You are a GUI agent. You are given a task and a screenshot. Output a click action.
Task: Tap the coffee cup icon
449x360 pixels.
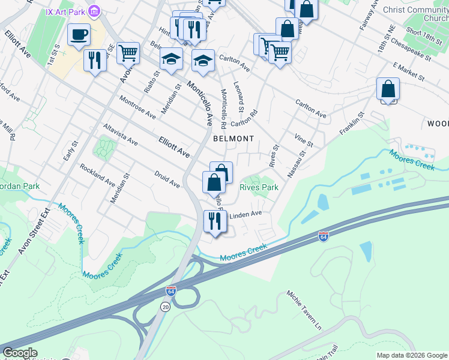[79, 35]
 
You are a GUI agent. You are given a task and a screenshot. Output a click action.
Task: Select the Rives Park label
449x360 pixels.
[259, 187]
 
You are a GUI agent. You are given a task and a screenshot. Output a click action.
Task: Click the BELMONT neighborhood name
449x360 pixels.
[234, 139]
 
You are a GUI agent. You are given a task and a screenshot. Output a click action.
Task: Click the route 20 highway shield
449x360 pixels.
[164, 307]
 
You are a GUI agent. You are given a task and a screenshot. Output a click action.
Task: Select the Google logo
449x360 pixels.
[19, 353]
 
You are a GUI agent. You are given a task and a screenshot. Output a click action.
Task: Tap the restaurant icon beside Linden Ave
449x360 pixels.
[215, 221]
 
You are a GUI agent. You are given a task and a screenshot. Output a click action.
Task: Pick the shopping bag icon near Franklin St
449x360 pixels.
[388, 89]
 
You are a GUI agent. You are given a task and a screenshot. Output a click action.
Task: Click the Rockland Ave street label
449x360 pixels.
[97, 174]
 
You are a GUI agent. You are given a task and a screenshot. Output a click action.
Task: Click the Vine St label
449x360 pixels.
[304, 140]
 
